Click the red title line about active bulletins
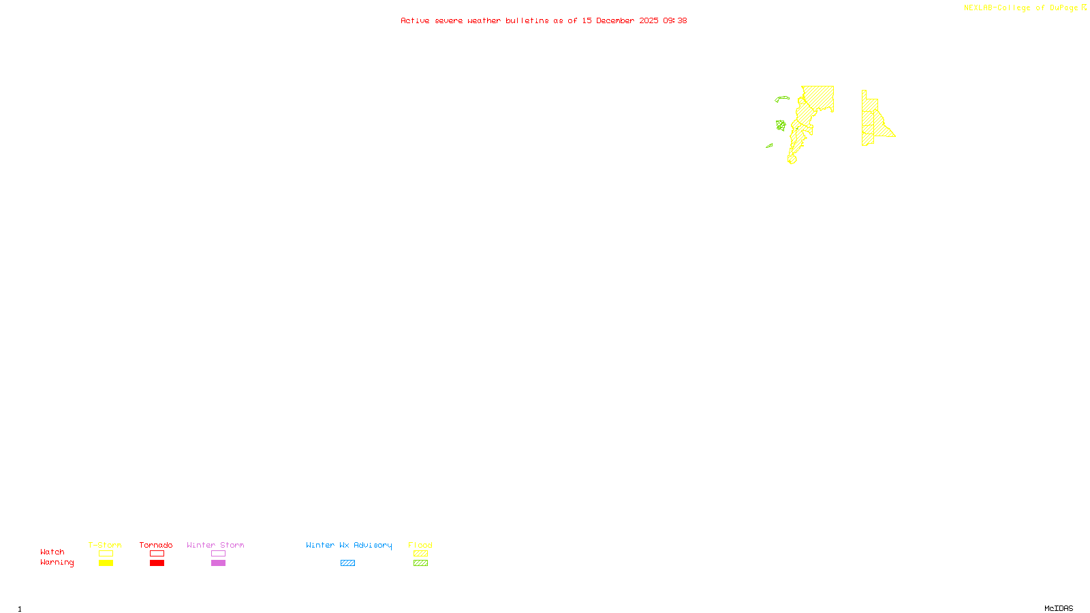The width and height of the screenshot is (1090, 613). (543, 21)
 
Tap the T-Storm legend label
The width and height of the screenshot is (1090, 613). (105, 545)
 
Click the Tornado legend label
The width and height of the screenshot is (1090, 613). (156, 545)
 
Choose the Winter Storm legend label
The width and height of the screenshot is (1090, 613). (215, 545)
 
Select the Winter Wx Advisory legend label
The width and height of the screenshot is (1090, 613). (349, 545)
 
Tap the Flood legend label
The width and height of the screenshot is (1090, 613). (420, 545)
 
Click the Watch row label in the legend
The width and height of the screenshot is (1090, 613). (52, 552)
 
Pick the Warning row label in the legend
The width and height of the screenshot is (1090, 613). (57, 563)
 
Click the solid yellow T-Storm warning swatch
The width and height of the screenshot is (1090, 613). (106, 563)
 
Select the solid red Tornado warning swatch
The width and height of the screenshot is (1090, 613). (157, 563)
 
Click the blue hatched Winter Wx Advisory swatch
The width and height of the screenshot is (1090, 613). (347, 563)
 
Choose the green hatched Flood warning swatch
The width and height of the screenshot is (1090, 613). (420, 563)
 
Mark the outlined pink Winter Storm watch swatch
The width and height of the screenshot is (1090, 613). (218, 554)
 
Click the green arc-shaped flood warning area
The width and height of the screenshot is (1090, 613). (781, 98)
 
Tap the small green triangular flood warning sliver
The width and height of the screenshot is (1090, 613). (770, 145)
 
